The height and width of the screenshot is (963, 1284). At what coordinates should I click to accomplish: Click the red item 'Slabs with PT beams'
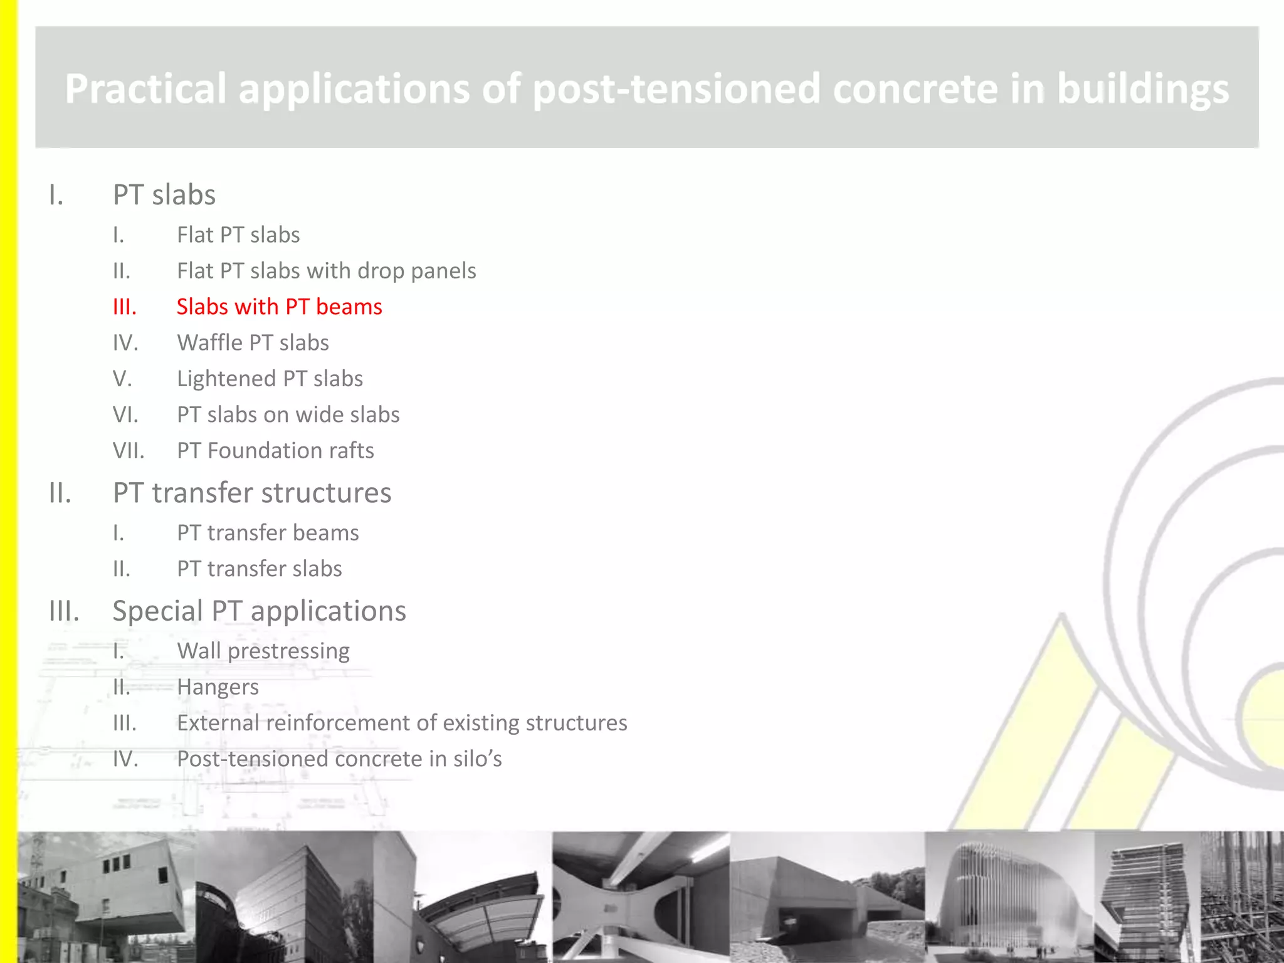coord(279,307)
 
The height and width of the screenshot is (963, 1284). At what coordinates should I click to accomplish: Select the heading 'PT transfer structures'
coord(252,493)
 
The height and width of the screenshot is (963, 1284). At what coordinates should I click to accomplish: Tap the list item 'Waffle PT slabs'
coord(253,343)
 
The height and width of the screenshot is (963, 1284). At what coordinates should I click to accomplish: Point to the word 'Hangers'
coord(218,687)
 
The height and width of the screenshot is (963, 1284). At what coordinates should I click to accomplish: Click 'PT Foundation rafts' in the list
coord(275,451)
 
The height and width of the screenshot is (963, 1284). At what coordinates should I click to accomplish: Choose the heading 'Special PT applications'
coord(259,611)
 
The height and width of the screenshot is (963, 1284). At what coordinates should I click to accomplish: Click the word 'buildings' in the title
coord(1142,88)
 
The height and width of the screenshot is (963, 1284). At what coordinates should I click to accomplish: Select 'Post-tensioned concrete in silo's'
coord(339,759)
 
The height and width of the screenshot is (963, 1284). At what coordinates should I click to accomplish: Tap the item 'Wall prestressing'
coord(263,651)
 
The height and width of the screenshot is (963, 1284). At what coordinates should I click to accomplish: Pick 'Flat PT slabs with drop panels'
coord(326,271)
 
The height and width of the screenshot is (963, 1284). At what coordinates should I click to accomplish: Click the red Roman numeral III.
coord(124,307)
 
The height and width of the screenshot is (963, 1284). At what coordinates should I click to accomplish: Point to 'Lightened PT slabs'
coord(270,379)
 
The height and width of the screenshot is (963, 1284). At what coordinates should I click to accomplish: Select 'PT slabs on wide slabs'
coord(288,415)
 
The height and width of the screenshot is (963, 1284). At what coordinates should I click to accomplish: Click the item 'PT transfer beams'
coord(268,533)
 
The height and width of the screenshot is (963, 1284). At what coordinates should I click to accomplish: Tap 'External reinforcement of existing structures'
coord(402,723)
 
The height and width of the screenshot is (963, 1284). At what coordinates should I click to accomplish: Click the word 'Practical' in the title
coord(145,88)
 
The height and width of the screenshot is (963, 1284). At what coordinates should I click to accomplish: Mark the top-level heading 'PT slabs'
coord(164,195)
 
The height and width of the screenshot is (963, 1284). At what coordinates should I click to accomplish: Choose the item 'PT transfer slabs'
coord(259,569)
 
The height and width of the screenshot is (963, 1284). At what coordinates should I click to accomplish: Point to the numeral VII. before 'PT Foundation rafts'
coord(129,451)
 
